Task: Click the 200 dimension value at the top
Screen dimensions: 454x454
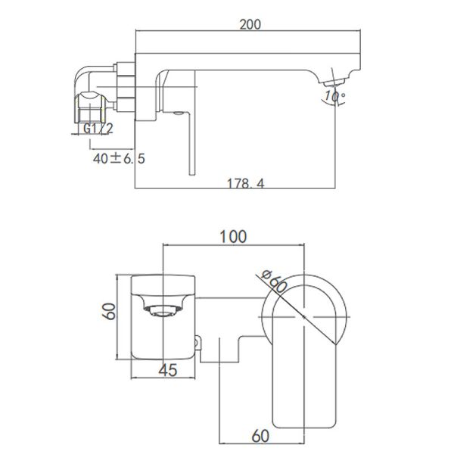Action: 250,23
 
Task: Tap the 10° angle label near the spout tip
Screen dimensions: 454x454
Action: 332,96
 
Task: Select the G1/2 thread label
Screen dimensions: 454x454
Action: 98,128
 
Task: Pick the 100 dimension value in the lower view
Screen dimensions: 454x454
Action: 235,236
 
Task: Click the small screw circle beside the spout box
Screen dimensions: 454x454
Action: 200,344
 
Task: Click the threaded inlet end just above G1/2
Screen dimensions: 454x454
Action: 89,106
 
